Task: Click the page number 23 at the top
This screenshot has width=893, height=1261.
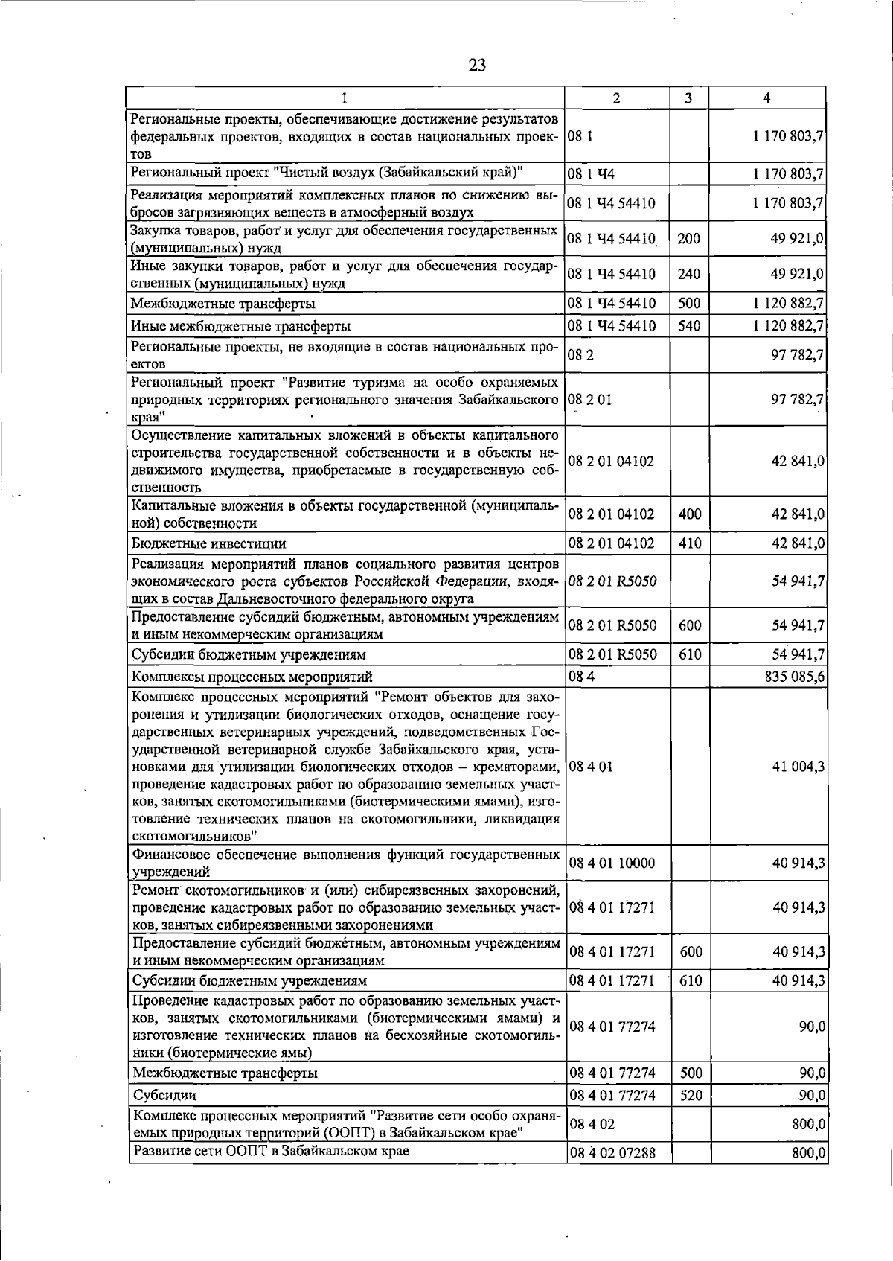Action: click(477, 66)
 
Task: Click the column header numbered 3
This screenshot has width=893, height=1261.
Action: click(689, 98)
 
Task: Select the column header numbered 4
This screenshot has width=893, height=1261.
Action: click(766, 98)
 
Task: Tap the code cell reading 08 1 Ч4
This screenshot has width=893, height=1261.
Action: click(592, 175)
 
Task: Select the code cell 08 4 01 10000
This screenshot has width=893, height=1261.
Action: click(612, 863)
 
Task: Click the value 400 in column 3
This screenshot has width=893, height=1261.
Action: click(690, 514)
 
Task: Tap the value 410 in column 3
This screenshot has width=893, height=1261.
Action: click(690, 543)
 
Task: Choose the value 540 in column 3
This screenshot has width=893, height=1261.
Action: click(689, 325)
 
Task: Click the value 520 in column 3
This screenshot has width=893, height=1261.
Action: click(690, 1096)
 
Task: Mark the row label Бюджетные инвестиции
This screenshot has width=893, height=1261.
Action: click(208, 543)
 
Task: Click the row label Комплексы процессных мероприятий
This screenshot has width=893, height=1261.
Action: click(252, 677)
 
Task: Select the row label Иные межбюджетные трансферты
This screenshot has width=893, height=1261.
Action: click(241, 326)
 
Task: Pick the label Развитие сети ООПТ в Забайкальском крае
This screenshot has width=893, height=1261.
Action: click(271, 1172)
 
